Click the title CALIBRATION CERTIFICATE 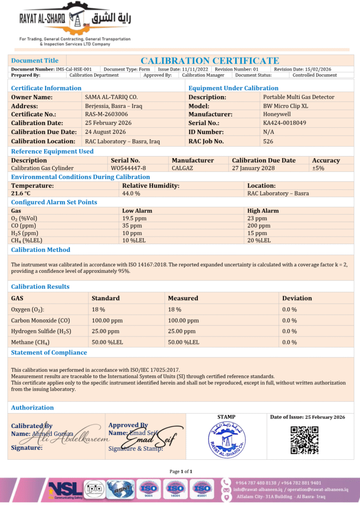point(209,61)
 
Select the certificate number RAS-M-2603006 point(103,114)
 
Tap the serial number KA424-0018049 point(284,123)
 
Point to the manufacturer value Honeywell point(277,114)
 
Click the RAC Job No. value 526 point(268,141)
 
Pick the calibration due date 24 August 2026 point(105,132)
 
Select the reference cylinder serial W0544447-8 point(128,168)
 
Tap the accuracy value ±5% point(318,168)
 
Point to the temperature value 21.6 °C point(21,193)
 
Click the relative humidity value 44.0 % point(131,193)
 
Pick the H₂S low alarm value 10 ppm point(132,233)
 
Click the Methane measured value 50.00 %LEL point(183,342)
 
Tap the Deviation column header point(297,298)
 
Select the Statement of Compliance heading point(49,352)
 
